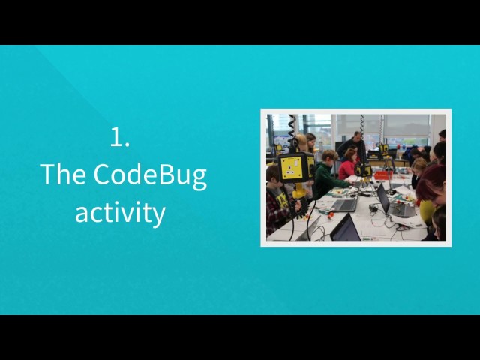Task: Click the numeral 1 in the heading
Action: coord(116,136)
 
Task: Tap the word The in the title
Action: coord(64,175)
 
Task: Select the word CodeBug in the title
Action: coord(149,175)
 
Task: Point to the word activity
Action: coord(120,213)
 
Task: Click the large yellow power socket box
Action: coord(295,168)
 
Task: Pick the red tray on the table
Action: coord(383,175)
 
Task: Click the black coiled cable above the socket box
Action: coord(292,131)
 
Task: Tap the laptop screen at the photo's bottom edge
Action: coord(346,228)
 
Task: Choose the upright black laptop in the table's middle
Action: coord(383,199)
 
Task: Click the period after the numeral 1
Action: coord(127,145)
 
